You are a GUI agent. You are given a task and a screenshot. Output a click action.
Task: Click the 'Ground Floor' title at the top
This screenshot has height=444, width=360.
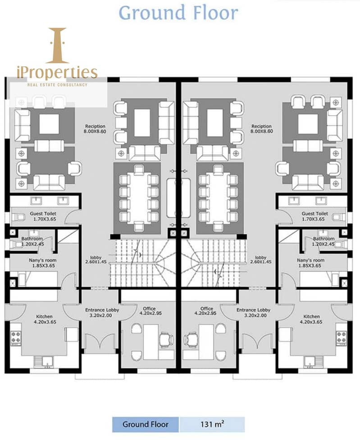tap(178, 13)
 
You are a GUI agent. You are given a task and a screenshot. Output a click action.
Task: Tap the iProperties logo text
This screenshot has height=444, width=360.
tap(57, 73)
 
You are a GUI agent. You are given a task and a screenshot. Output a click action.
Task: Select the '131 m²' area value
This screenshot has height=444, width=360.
tap(212, 424)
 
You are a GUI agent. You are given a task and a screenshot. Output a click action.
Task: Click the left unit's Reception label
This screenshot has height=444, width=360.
tap(95, 129)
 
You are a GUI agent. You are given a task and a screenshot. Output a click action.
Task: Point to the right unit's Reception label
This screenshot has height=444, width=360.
tap(261, 129)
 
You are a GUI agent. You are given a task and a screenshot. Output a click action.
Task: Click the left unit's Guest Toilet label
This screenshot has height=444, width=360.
tap(43, 216)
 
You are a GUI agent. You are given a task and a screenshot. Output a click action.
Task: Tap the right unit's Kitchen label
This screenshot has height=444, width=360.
tap(311, 319)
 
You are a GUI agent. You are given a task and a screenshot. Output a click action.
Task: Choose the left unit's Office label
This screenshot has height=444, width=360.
tap(150, 311)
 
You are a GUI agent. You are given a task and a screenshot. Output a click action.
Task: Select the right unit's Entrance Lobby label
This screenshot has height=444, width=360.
tap(253, 313)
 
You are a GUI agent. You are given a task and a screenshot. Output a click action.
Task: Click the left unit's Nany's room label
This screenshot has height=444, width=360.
tap(43, 263)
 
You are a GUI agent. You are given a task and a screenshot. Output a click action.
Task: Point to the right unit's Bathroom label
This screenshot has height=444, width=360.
tap(324, 242)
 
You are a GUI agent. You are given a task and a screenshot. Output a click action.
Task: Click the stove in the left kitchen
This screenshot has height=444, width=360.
tap(16, 337)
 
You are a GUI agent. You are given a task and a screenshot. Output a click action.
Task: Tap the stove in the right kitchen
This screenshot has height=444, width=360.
tap(342, 337)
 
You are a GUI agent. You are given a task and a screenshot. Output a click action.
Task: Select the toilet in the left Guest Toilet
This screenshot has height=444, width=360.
tap(18, 217)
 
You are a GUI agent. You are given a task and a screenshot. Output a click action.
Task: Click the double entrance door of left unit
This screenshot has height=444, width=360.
tap(100, 343)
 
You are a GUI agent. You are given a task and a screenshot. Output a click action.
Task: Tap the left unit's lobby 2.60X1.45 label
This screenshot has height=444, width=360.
tap(96, 260)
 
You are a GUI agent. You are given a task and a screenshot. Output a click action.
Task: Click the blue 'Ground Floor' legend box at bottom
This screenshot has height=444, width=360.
tap(146, 424)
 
